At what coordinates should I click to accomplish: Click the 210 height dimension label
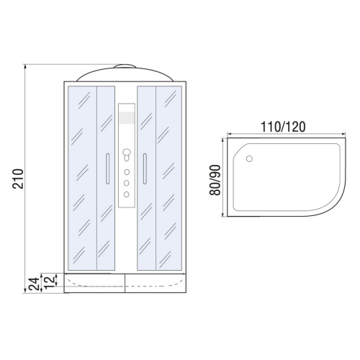point(18,179)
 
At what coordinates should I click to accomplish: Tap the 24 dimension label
point(34,284)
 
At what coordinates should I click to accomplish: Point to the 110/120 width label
point(283,127)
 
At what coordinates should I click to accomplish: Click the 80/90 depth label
point(215,180)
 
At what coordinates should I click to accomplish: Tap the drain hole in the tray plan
point(249,158)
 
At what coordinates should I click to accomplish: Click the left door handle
point(107,168)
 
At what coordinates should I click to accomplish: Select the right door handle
point(145,168)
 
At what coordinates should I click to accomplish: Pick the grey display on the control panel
point(127,117)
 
